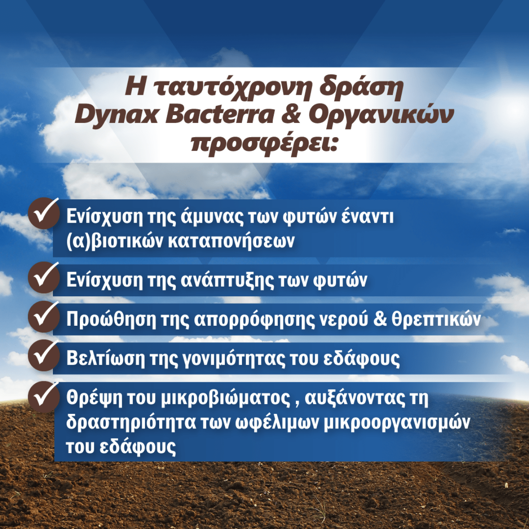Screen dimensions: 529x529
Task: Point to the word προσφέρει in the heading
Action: (264, 143)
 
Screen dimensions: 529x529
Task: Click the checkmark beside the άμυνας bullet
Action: (44, 213)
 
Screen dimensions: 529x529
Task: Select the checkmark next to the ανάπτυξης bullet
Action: (44, 278)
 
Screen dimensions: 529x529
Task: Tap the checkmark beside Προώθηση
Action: (44, 317)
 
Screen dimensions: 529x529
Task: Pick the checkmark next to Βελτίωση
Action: (44, 355)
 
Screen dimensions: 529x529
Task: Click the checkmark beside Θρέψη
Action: (44, 396)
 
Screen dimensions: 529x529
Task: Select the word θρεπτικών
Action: (436, 320)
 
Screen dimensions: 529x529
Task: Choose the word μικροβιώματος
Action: (225, 398)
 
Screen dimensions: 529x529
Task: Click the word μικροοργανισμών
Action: (397, 423)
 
